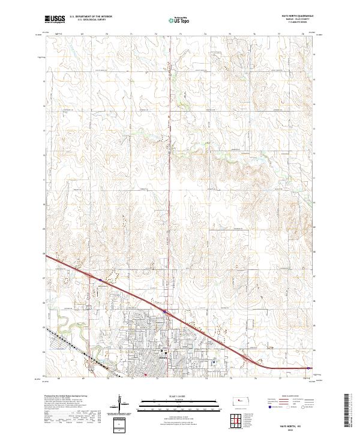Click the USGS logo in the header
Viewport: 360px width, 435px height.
pyautogui.click(x=55, y=19)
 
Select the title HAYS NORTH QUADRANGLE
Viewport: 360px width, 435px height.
pyautogui.click(x=295, y=16)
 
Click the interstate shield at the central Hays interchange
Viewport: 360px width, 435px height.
pyautogui.click(x=164, y=311)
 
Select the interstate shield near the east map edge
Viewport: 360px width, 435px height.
pyautogui.click(x=308, y=368)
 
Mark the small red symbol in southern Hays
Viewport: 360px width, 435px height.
pyautogui.click(x=145, y=376)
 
